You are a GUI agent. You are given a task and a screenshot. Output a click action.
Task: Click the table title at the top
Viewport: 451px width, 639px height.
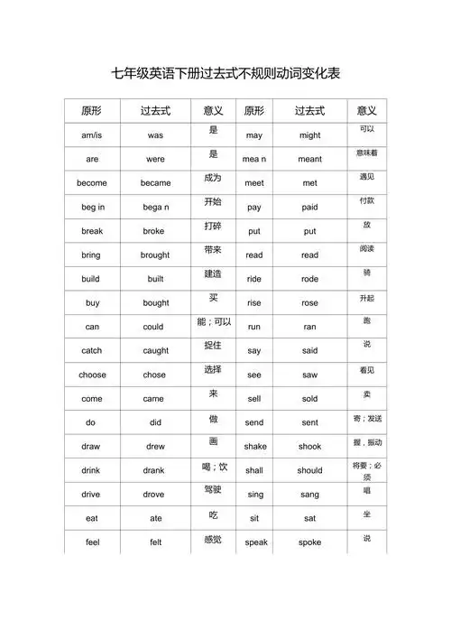tap(225, 73)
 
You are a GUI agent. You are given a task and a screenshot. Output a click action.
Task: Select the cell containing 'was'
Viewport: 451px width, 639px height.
tap(155, 134)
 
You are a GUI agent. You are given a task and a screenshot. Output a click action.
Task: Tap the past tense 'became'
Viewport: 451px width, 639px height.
tap(155, 182)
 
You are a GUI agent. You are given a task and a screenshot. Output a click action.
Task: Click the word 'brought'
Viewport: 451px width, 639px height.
tap(155, 255)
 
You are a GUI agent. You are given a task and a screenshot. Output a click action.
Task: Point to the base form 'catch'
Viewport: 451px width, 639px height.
tap(92, 350)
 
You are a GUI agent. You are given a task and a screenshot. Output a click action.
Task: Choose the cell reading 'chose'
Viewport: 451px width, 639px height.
tap(155, 375)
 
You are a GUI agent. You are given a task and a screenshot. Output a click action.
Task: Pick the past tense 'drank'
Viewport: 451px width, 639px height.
tap(155, 470)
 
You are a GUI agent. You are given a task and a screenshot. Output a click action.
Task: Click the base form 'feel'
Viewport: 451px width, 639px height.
tap(92, 542)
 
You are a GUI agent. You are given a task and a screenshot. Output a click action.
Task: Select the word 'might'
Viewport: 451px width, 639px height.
tap(309, 134)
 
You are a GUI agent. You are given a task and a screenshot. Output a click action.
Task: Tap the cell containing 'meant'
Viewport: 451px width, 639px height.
tap(309, 159)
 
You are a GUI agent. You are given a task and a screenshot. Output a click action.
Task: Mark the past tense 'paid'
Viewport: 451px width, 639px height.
tap(309, 207)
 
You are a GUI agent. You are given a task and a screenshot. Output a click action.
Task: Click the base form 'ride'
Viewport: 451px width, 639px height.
tap(254, 279)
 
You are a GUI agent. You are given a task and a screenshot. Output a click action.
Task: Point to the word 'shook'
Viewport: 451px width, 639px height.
tap(309, 446)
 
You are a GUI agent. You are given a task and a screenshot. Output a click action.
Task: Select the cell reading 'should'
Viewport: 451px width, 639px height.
tap(309, 470)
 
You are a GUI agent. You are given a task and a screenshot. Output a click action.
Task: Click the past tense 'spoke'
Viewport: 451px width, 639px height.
tap(309, 542)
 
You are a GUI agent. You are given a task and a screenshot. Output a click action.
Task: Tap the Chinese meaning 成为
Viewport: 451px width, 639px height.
tap(213, 178)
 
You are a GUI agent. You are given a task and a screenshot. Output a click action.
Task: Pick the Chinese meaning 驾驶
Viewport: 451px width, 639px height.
tap(213, 489)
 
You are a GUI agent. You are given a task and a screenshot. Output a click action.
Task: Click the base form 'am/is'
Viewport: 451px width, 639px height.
tap(92, 134)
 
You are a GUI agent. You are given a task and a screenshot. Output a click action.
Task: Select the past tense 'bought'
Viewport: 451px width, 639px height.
tap(155, 302)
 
